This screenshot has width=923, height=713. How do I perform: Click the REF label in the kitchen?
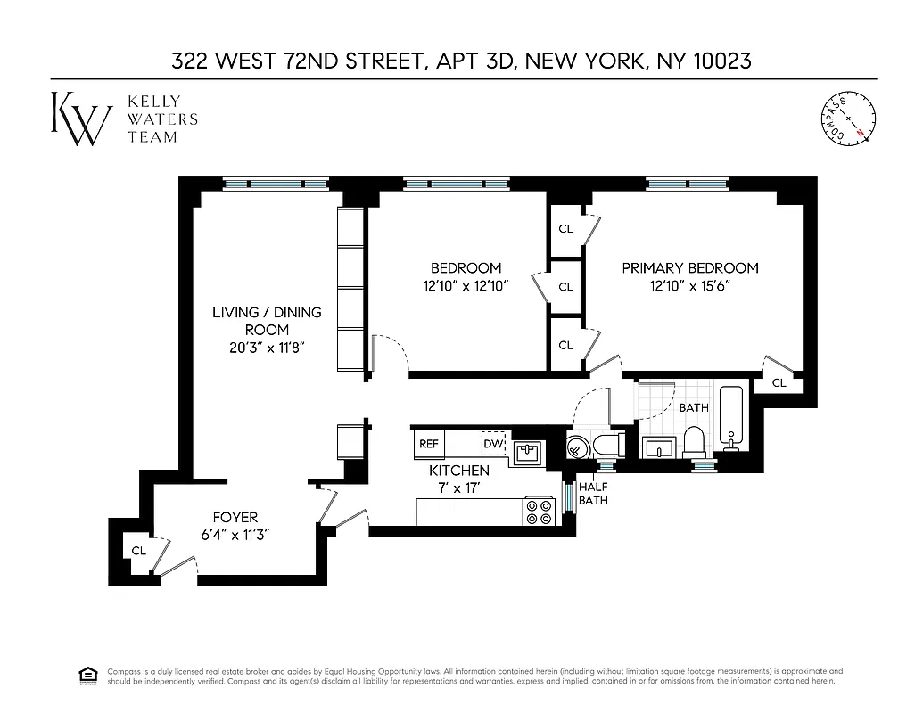[x=429, y=443]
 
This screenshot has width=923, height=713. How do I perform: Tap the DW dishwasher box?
[x=492, y=443]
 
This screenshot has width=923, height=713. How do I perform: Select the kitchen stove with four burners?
[x=539, y=511]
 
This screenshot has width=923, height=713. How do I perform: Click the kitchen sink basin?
[x=527, y=452]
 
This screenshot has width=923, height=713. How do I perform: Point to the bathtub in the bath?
[x=731, y=418]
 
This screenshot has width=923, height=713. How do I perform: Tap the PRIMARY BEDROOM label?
[x=689, y=267]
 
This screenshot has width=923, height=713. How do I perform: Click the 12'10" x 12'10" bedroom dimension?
[x=466, y=286]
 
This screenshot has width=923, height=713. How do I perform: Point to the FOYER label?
[x=235, y=517]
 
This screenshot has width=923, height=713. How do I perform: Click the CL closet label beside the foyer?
[x=139, y=550]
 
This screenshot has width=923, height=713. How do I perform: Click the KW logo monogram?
[x=81, y=118]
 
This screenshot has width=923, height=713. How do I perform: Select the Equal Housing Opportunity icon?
[x=87, y=675]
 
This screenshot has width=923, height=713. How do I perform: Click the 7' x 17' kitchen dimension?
[x=459, y=488]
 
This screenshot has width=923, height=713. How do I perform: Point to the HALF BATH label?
[x=593, y=494]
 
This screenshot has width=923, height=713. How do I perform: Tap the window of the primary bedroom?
[x=688, y=184]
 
